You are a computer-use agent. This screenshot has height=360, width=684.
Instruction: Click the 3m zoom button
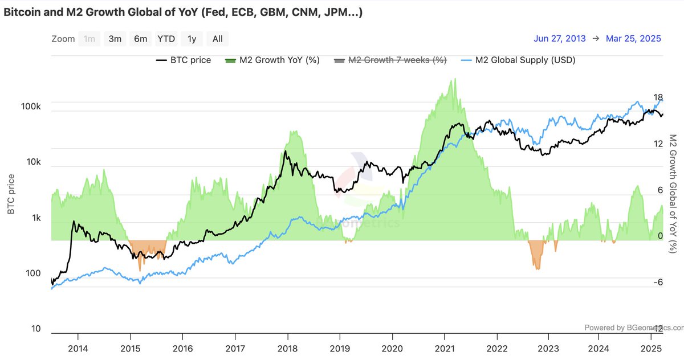pyautogui.click(x=115, y=39)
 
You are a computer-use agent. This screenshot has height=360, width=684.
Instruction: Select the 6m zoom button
pyautogui.click(x=140, y=39)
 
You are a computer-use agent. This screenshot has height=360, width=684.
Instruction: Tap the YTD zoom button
pyautogui.click(x=166, y=39)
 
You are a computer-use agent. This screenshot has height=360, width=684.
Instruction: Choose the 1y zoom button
pyautogui.click(x=192, y=39)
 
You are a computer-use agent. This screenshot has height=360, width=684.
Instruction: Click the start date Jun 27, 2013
pyautogui.click(x=560, y=39)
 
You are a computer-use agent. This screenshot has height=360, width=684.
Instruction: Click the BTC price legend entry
pyautogui.click(x=183, y=60)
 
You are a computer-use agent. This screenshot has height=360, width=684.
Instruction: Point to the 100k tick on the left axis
pyautogui.click(x=31, y=107)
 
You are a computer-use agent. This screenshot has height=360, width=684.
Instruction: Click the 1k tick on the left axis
pyautogui.click(x=35, y=218)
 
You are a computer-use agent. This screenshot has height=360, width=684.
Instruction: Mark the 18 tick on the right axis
pyautogui.click(x=658, y=97)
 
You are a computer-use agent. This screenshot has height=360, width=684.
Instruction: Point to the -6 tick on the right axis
pyautogui.click(x=658, y=283)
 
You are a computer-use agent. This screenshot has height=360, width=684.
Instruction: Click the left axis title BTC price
pyautogui.click(x=11, y=194)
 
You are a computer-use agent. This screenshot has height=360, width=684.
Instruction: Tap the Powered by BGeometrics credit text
pyautogui.click(x=633, y=328)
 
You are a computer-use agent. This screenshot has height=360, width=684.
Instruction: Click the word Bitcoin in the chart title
pyautogui.click(x=23, y=12)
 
